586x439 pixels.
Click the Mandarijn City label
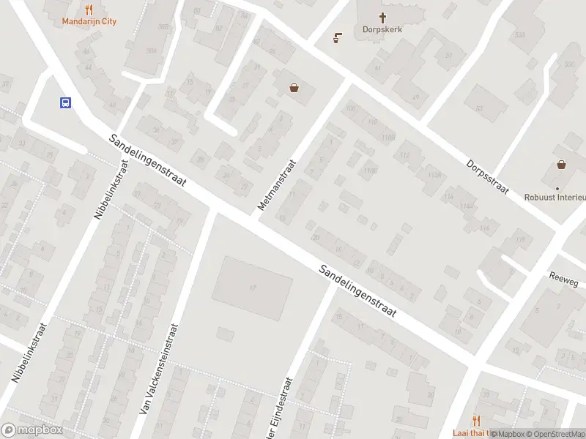tap(88, 21)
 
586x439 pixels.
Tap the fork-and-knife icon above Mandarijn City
tap(89, 10)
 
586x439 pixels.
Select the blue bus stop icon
tap(65, 103)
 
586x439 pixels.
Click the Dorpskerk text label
tap(382, 30)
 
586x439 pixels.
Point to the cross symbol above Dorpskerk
tap(382, 18)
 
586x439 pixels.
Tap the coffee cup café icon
tap(338, 37)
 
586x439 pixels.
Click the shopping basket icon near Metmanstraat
tap(294, 88)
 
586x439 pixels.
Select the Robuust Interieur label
tap(555, 197)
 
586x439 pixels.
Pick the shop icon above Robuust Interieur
tap(561, 165)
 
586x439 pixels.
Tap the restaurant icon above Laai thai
tap(478, 420)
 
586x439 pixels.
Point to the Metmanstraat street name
tap(275, 185)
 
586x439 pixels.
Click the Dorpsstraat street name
tap(487, 176)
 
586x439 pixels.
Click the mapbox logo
tap(31, 430)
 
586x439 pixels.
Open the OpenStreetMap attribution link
tap(556, 434)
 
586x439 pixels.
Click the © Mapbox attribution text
tap(507, 434)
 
